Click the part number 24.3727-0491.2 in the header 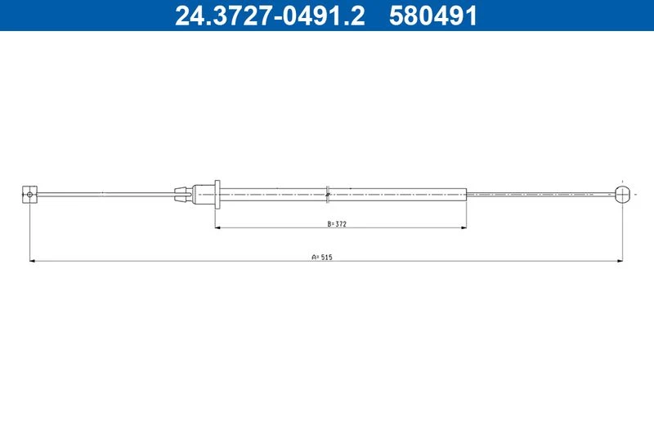click(x=270, y=16)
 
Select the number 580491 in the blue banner click(x=433, y=16)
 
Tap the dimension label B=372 click(x=337, y=223)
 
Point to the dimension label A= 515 click(x=322, y=257)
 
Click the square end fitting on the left click(x=29, y=195)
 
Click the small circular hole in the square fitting click(x=29, y=194)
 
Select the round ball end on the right click(x=622, y=195)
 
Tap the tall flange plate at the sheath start click(x=217, y=195)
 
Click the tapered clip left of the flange click(x=183, y=195)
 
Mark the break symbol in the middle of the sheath click(x=328, y=195)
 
